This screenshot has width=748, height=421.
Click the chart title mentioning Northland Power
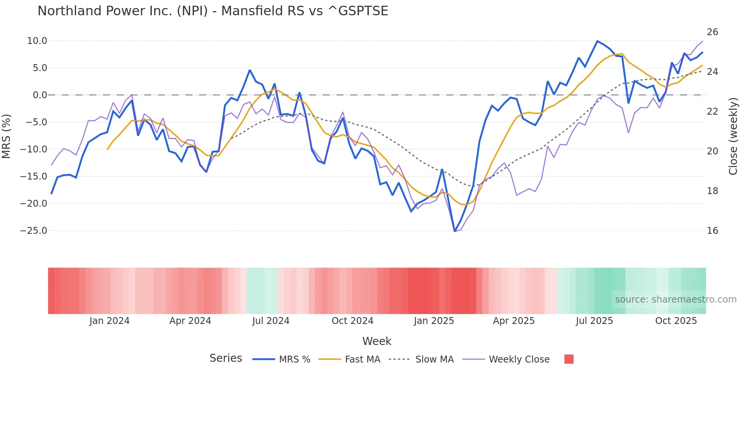(213, 11)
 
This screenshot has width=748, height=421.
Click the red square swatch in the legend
(569, 359)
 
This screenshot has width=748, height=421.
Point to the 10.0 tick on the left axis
(37, 41)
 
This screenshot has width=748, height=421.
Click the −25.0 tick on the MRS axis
(34, 231)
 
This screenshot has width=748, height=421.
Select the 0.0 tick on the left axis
(40, 95)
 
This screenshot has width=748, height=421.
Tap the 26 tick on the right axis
(712, 32)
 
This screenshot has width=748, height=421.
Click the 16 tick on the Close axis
(712, 231)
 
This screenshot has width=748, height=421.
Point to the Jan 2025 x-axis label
(434, 321)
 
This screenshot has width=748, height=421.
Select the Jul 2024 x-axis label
(271, 321)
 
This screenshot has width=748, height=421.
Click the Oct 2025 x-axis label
(676, 321)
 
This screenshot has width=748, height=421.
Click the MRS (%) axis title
(6, 136)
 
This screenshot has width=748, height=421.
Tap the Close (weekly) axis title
(733, 136)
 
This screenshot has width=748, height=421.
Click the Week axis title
(377, 341)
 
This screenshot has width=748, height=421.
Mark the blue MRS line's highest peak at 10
(597, 41)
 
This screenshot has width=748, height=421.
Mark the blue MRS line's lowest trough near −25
(455, 231)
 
